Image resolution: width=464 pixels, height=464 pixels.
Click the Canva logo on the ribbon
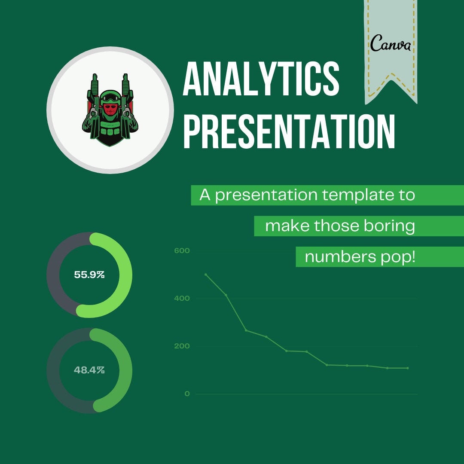pyautogui.click(x=390, y=43)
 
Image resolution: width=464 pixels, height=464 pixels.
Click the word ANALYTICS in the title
pyautogui.click(x=261, y=79)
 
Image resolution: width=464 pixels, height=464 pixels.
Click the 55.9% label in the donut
pyautogui.click(x=89, y=275)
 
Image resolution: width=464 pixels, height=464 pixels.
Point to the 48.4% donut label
pyautogui.click(x=89, y=370)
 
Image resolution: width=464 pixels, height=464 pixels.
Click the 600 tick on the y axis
pyautogui.click(x=182, y=251)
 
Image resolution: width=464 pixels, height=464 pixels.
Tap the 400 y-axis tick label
pyautogui.click(x=182, y=299)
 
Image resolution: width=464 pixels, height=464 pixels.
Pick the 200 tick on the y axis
pyautogui.click(x=182, y=346)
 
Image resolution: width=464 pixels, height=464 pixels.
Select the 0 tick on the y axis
pyautogui.click(x=187, y=394)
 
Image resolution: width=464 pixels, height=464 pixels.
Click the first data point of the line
pyautogui.click(x=206, y=274)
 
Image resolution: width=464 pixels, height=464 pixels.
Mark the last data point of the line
pyautogui.click(x=407, y=368)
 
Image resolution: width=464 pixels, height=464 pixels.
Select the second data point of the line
pyautogui.click(x=226, y=295)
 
